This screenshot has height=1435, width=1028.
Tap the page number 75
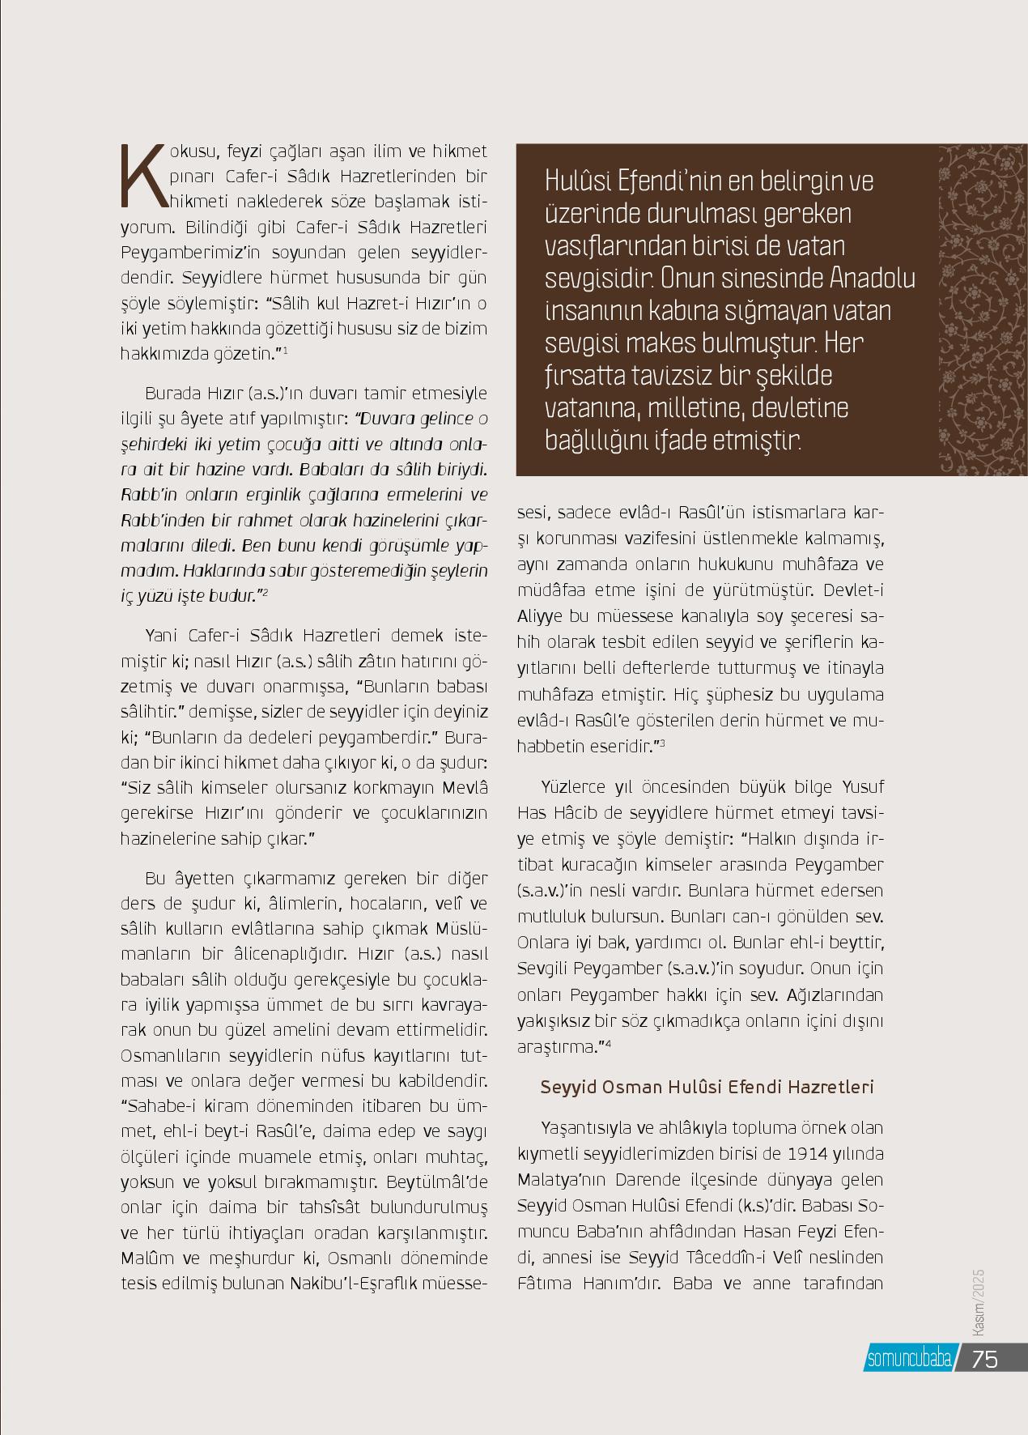click(x=984, y=1359)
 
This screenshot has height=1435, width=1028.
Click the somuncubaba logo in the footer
click(x=908, y=1359)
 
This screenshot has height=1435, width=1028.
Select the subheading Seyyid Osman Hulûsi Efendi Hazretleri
click(x=707, y=1087)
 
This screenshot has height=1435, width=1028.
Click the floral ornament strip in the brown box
click(x=980, y=311)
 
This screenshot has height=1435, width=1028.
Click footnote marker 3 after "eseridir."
click(x=662, y=742)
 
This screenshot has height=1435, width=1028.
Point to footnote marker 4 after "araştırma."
click(x=607, y=1043)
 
